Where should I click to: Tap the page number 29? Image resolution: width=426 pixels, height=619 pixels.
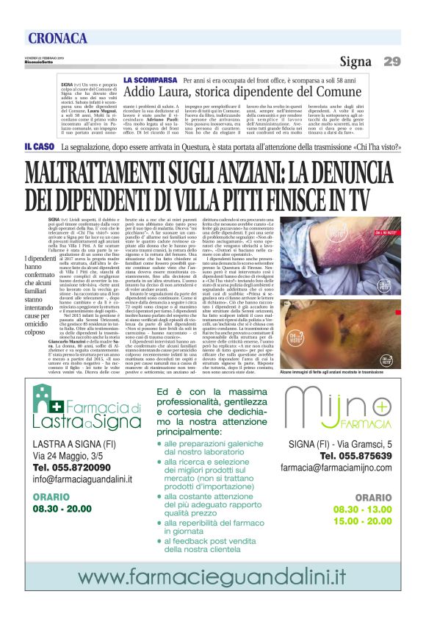click(391, 61)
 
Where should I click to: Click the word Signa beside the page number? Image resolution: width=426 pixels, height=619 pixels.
click(355, 61)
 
